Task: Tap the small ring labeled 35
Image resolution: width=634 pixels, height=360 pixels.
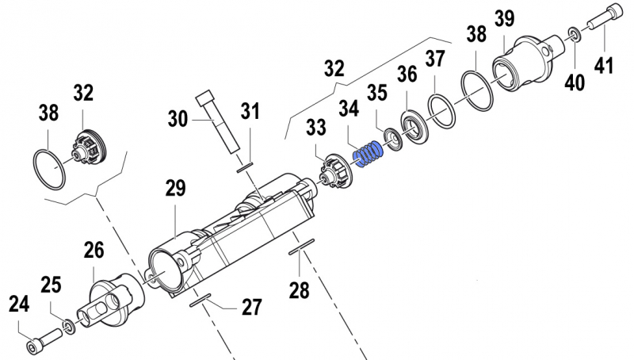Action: point(390,140)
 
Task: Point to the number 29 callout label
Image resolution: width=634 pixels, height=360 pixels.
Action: point(175,190)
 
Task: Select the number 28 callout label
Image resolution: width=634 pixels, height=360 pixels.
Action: point(299,290)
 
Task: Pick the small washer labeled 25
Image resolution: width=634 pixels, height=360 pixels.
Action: point(70,326)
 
